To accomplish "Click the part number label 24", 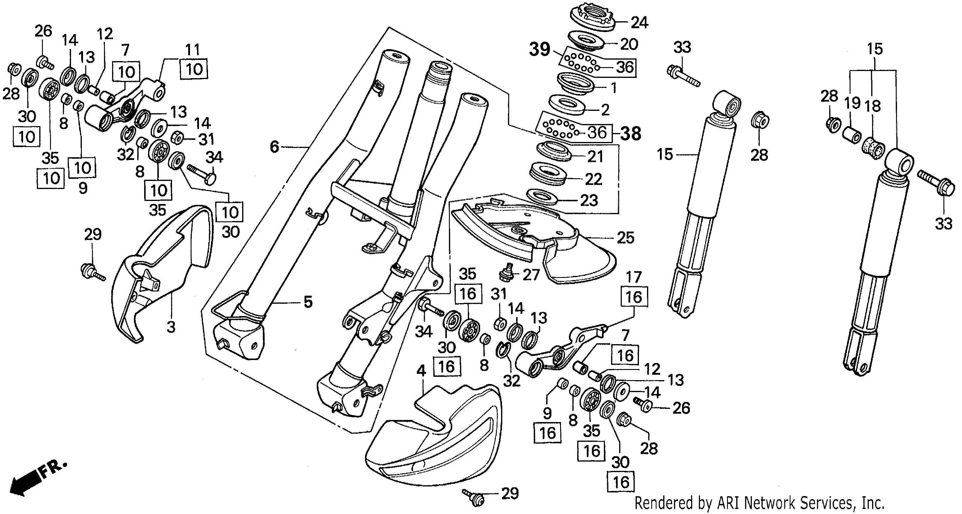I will [640, 23].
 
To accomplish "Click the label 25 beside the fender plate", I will [625, 238].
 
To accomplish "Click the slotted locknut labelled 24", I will [593, 18].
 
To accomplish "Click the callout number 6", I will [275, 147].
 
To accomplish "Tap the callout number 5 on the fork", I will [308, 302].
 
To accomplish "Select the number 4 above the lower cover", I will [421, 371].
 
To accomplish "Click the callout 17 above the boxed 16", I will [634, 277].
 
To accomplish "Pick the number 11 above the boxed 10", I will [193, 50].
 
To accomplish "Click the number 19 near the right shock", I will [853, 103].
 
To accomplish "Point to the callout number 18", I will [873, 106].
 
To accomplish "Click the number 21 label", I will [595, 156].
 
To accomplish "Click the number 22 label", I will [593, 179].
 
